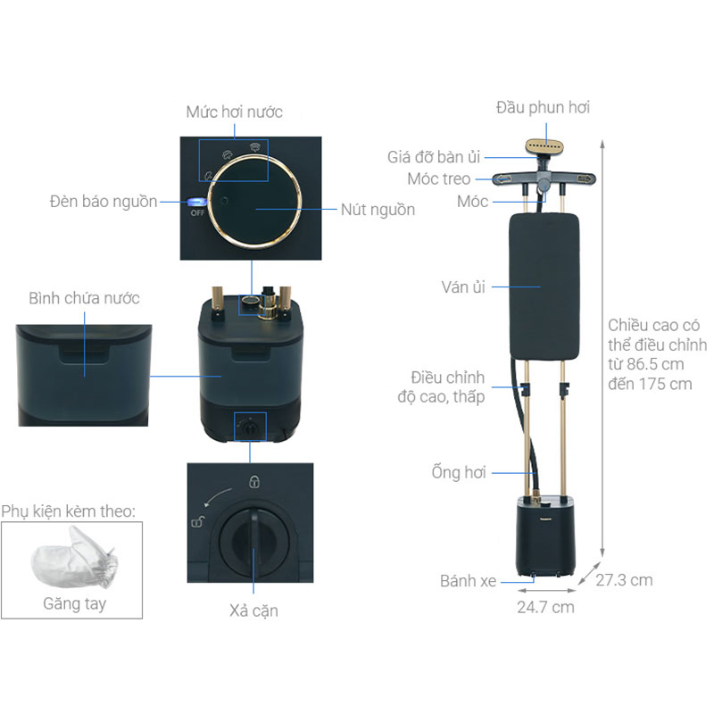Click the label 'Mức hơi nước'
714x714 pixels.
point(234,112)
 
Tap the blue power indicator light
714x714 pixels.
point(196,203)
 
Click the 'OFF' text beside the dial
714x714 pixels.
point(197,212)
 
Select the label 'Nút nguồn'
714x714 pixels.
point(378,210)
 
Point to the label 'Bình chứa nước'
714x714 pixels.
point(84,298)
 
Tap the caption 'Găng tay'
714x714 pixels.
point(75,604)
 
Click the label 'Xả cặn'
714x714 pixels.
point(253,610)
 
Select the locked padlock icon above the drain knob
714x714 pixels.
point(254,481)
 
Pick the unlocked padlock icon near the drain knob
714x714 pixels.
point(197,521)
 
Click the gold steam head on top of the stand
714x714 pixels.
point(544,147)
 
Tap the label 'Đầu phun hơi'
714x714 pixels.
point(543,108)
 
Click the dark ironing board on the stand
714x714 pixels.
point(544,286)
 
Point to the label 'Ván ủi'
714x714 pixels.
point(463,286)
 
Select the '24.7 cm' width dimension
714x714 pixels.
point(545,607)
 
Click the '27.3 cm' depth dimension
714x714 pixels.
point(624,580)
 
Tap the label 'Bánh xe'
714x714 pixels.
point(468,581)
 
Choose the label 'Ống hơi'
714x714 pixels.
point(459,472)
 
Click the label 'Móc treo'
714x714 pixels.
point(439,179)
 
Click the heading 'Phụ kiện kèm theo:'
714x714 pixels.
point(69,511)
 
